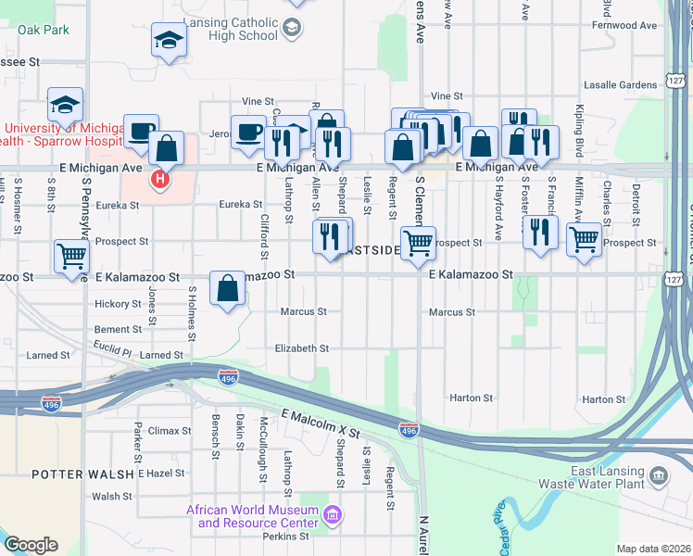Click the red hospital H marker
coord(160,178)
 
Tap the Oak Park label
coord(44,30)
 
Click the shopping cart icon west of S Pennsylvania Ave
coord(72,256)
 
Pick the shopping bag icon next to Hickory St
coord(228,289)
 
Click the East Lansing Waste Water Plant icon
coord(658,476)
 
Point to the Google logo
coord(31,545)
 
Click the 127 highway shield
coord(674,82)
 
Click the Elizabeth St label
coord(302,348)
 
